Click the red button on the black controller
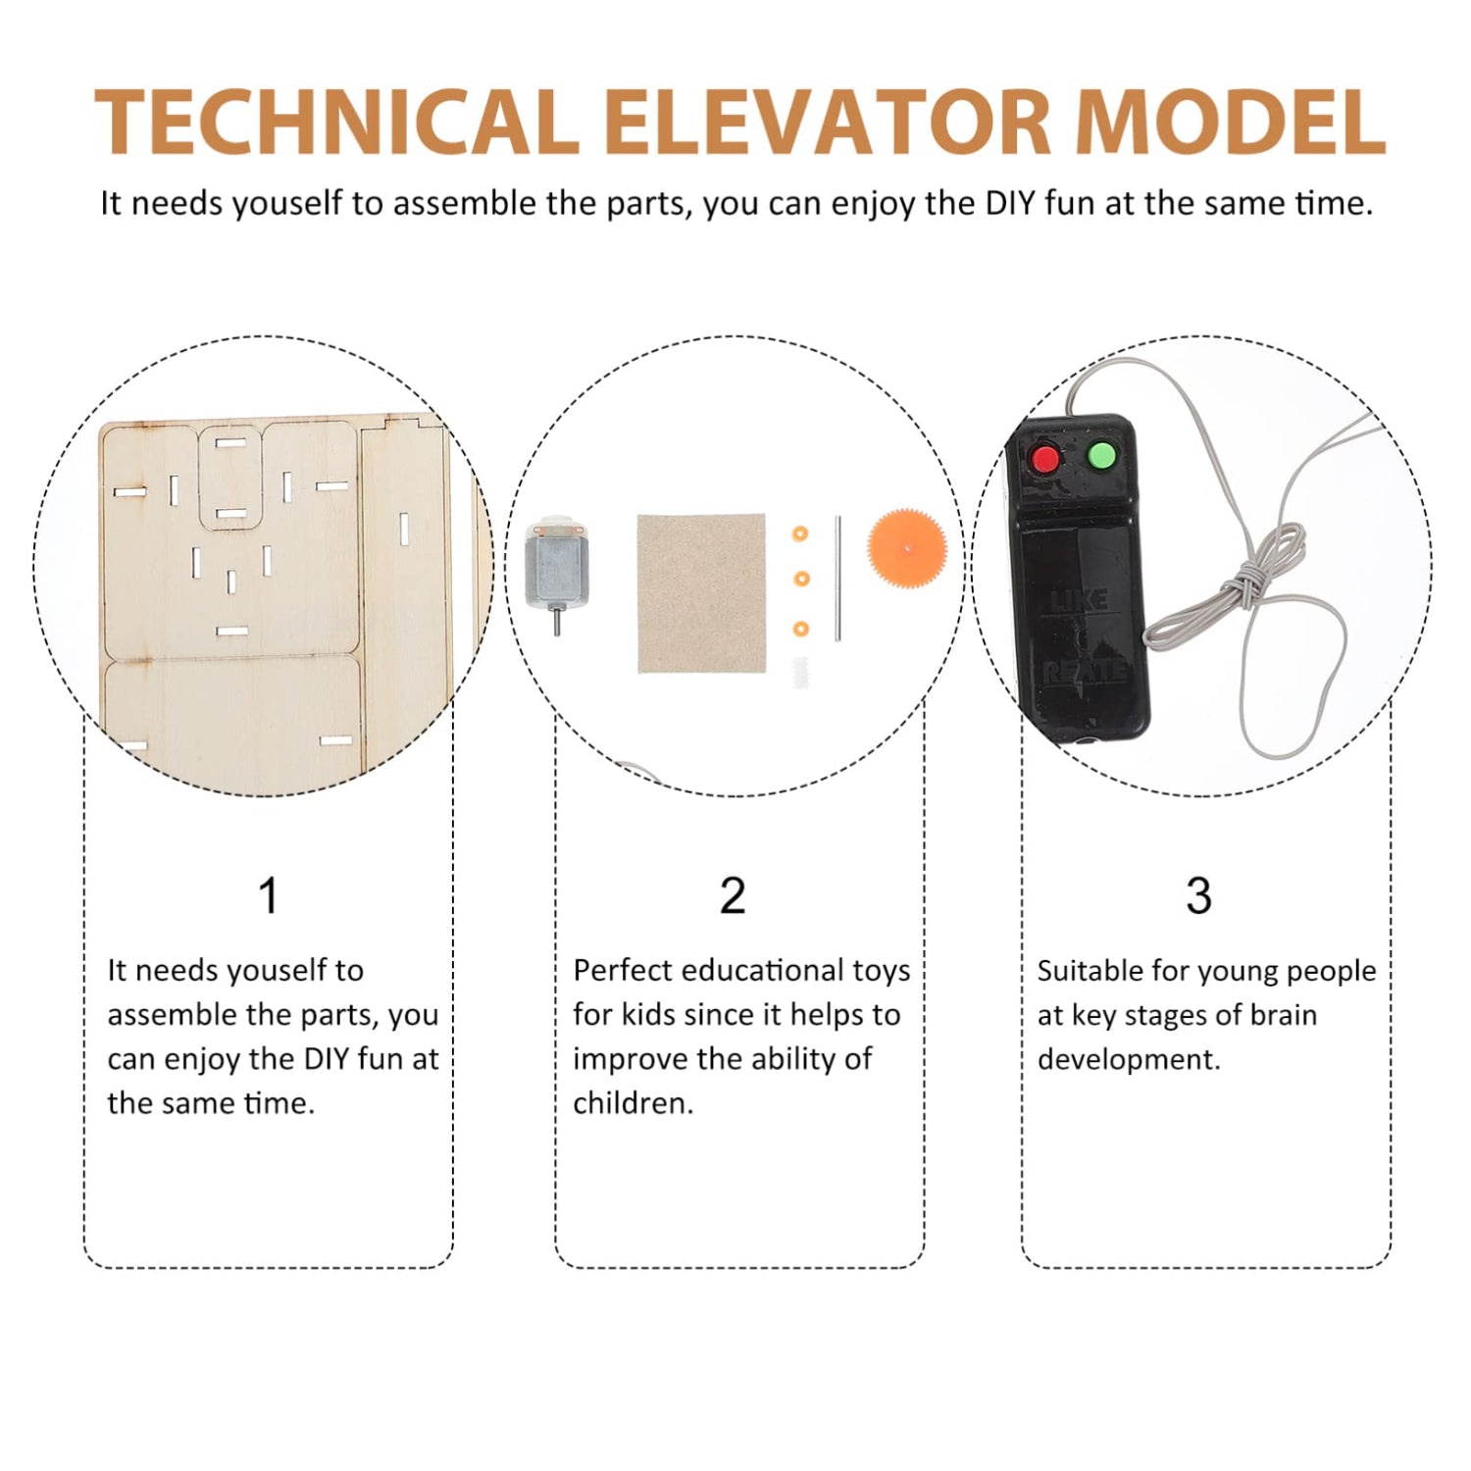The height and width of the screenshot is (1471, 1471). tap(1046, 458)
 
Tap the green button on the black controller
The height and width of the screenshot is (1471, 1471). tap(1102, 455)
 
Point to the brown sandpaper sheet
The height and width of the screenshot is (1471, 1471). tap(700, 592)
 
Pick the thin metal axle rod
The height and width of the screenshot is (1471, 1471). tap(838, 579)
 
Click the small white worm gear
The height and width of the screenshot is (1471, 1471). tap(800, 672)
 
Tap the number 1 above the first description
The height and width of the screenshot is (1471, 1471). tap(268, 895)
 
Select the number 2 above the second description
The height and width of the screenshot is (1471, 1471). tap(733, 895)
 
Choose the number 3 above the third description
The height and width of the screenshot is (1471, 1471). tap(1198, 895)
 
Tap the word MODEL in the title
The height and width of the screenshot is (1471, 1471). tap(1230, 123)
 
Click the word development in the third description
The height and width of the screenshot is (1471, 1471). tap(1128, 1060)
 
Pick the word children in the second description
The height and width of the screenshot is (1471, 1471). tap(632, 1103)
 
